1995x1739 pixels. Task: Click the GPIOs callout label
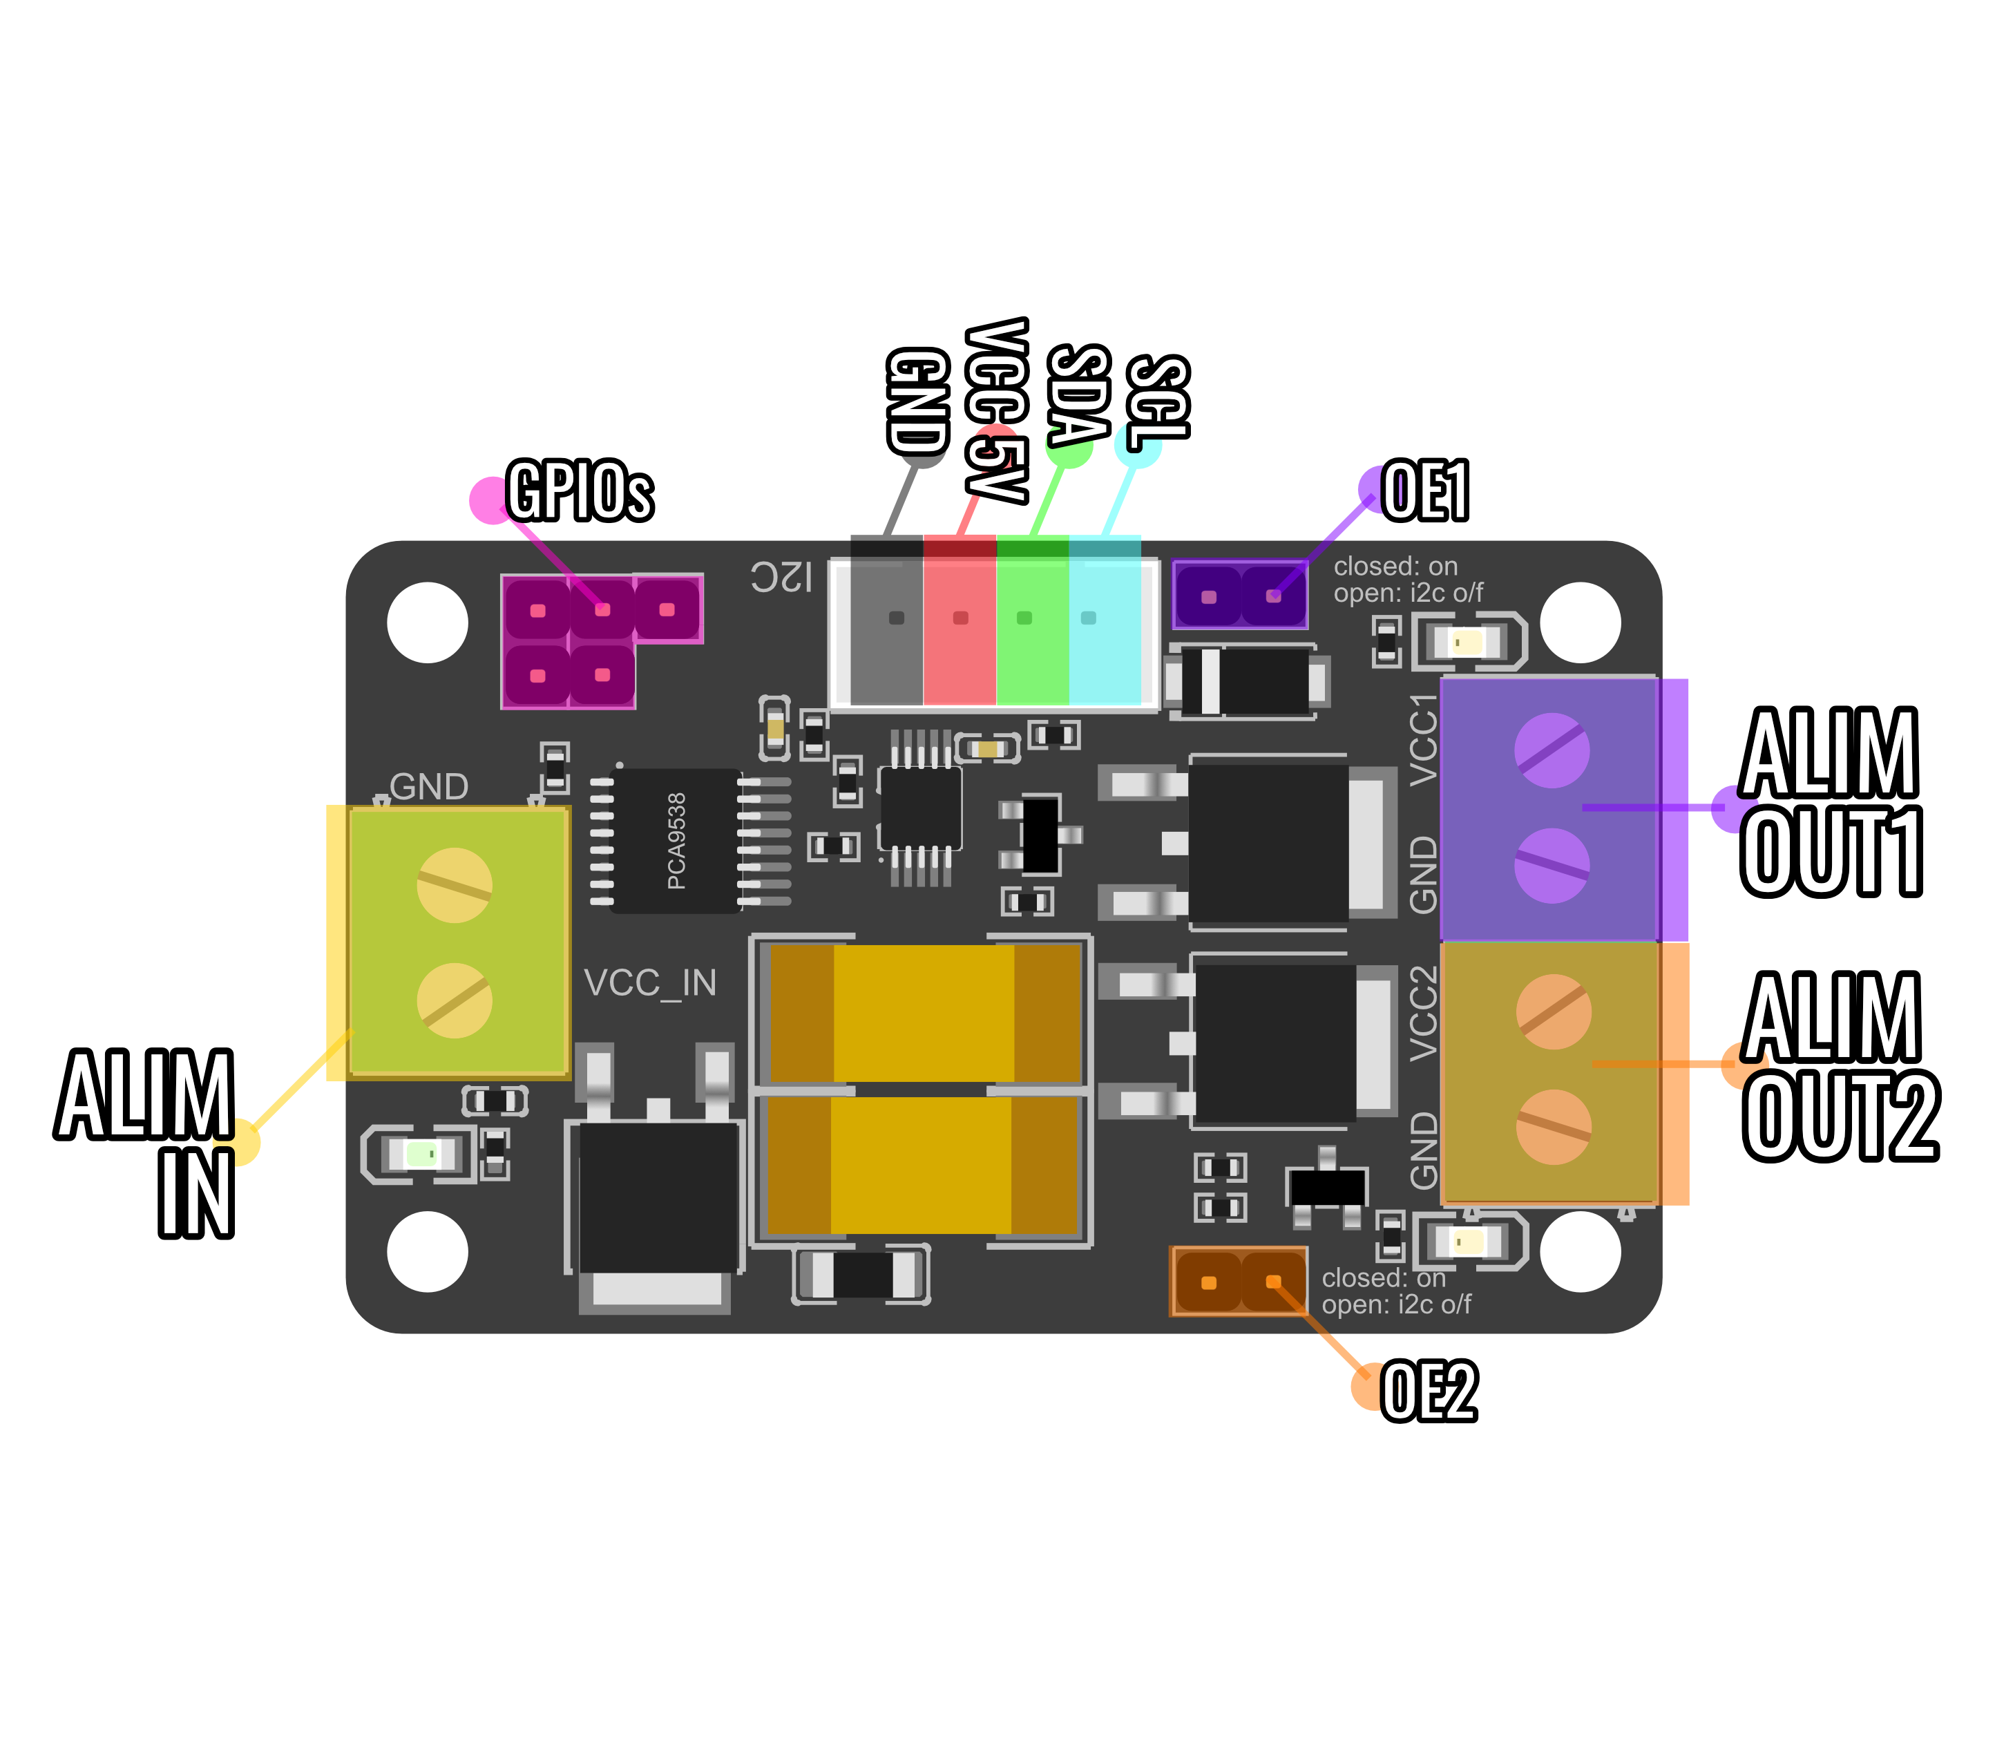click(580, 491)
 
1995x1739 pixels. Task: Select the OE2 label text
click(1429, 1391)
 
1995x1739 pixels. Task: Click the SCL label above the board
click(1158, 398)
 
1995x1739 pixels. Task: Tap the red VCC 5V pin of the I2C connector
click(960, 618)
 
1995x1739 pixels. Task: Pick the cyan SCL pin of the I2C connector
click(1089, 618)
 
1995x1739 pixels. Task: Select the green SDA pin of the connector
click(1024, 618)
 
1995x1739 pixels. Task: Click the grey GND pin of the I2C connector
click(896, 618)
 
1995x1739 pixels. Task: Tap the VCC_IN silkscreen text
click(650, 983)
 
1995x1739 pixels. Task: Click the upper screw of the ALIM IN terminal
click(454, 885)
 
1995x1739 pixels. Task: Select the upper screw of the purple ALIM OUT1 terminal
click(1552, 750)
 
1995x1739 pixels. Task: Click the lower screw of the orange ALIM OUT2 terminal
click(1554, 1127)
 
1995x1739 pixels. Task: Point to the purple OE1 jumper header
click(1240, 595)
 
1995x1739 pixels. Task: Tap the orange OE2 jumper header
click(1239, 1281)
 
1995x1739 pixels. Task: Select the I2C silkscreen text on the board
click(781, 578)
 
